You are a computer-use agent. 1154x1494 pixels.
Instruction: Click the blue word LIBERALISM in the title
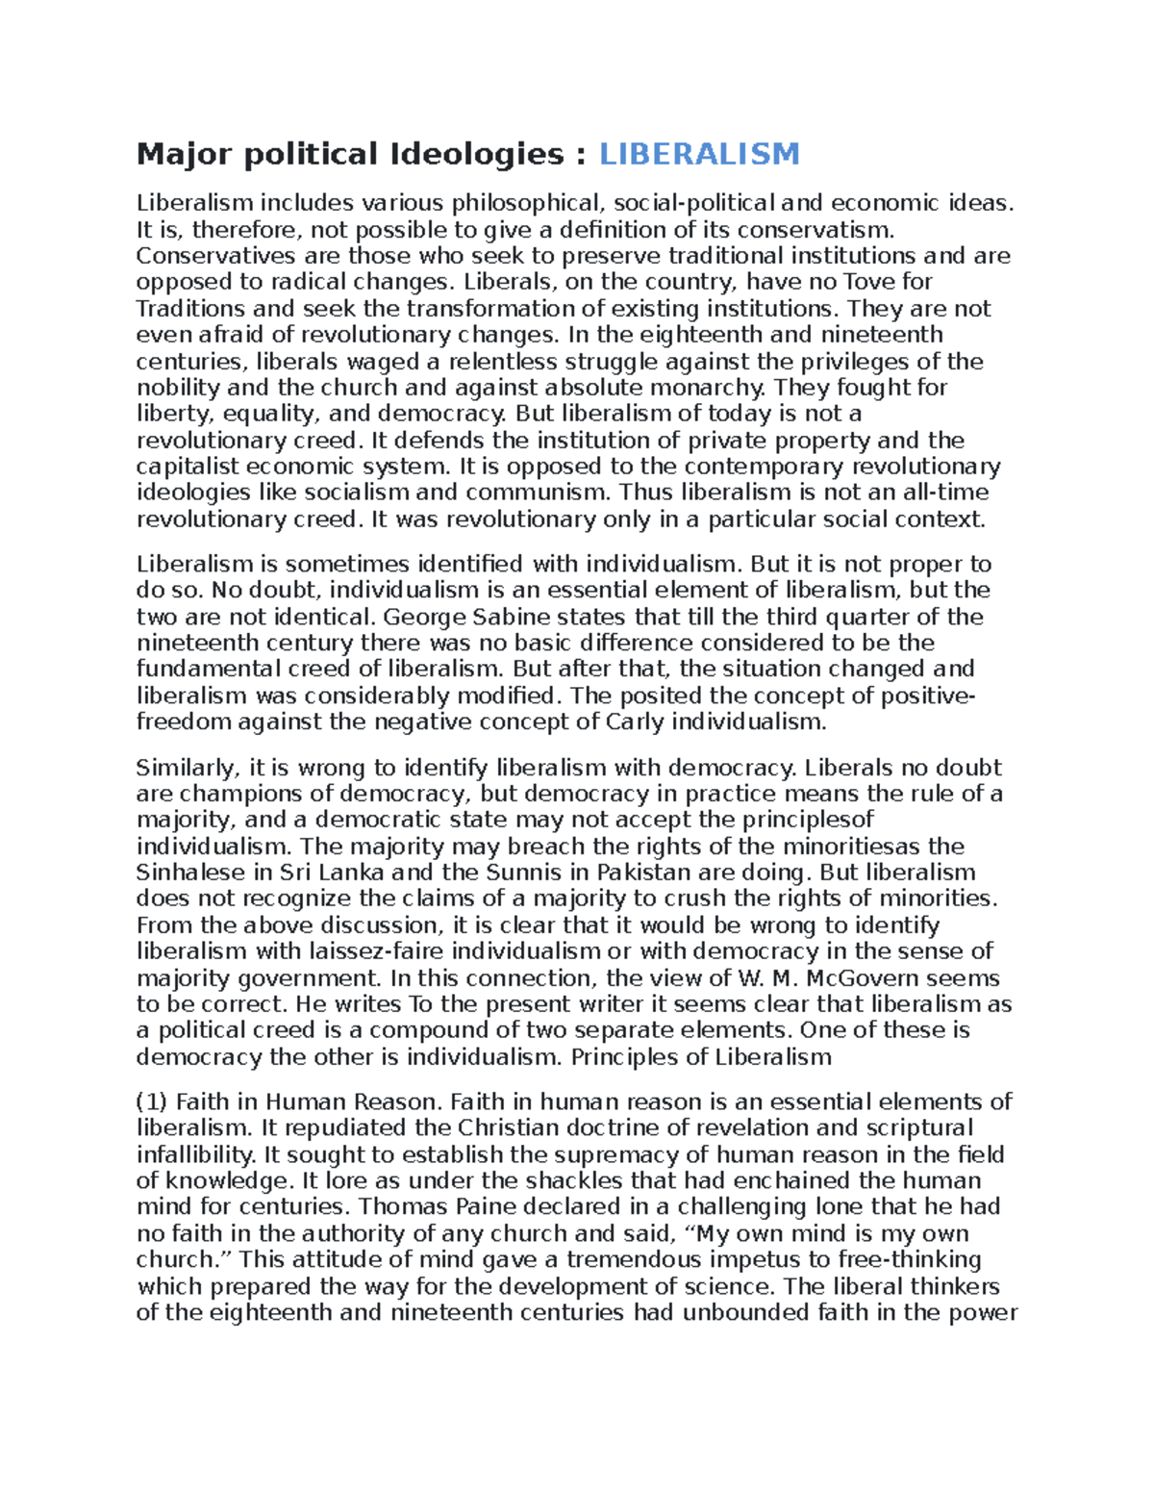(x=699, y=153)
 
